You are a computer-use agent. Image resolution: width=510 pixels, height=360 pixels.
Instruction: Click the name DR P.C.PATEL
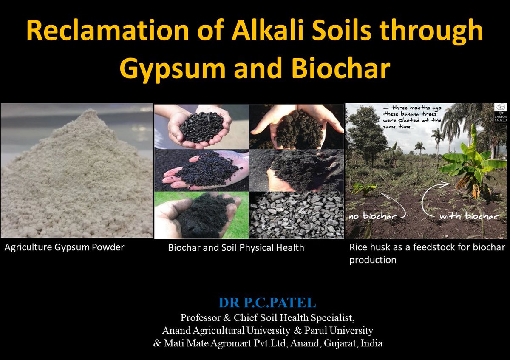[x=267, y=303]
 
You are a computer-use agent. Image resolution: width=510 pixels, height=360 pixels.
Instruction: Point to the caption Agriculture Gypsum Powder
[x=64, y=247]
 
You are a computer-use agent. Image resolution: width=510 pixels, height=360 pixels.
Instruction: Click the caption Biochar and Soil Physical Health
[x=236, y=247]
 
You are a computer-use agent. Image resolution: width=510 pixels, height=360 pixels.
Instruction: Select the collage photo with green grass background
[x=201, y=215]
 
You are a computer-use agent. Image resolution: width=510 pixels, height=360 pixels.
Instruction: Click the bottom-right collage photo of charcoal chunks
[x=296, y=215]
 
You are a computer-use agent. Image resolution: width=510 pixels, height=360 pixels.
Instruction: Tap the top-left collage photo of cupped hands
[x=201, y=126]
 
